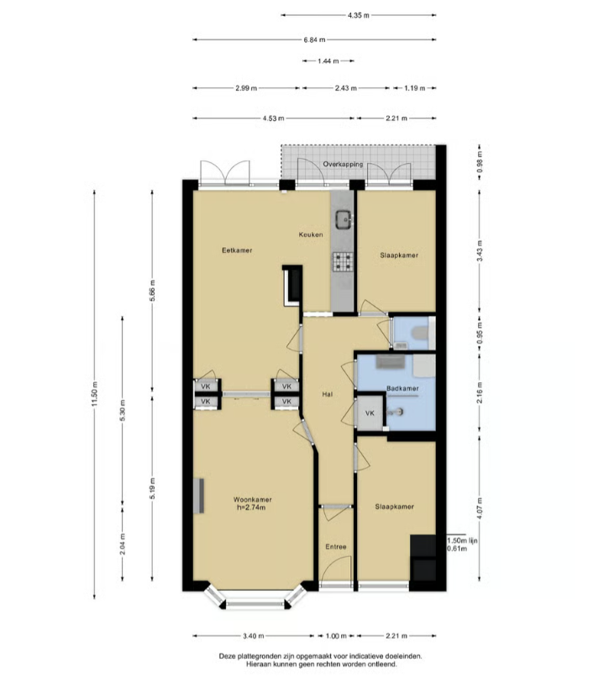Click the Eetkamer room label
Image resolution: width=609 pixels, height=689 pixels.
(237, 250)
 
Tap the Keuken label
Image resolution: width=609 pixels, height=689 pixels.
(311, 234)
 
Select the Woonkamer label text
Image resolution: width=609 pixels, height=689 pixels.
(252, 500)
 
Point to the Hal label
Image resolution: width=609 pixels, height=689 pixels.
(327, 395)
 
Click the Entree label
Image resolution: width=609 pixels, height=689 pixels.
(336, 547)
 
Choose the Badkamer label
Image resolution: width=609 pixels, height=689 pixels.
(402, 388)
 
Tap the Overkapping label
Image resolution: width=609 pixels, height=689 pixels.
(343, 165)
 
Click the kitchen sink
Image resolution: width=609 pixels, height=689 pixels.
(344, 218)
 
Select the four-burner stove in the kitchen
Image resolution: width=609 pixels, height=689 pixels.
(343, 261)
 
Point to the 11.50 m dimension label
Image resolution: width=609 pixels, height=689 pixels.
(94, 395)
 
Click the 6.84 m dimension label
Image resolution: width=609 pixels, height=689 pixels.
(315, 40)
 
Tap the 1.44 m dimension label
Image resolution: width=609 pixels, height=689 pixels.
(328, 61)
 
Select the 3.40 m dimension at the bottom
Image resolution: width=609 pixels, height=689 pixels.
(254, 636)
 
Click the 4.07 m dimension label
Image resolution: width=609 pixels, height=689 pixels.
(480, 508)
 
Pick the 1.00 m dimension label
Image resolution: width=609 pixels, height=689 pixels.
(336, 636)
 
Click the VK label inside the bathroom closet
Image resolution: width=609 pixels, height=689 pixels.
(370, 413)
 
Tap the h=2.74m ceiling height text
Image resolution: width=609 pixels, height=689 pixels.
(251, 508)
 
